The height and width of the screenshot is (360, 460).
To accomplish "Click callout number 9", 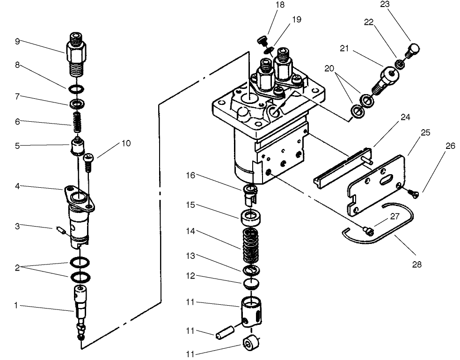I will coord(17,41).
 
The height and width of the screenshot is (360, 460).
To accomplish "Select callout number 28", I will coord(417,264).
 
